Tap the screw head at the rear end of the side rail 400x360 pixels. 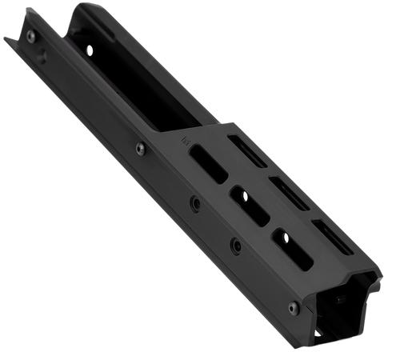pos(30,38)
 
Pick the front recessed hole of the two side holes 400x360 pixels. pos(234,243)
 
